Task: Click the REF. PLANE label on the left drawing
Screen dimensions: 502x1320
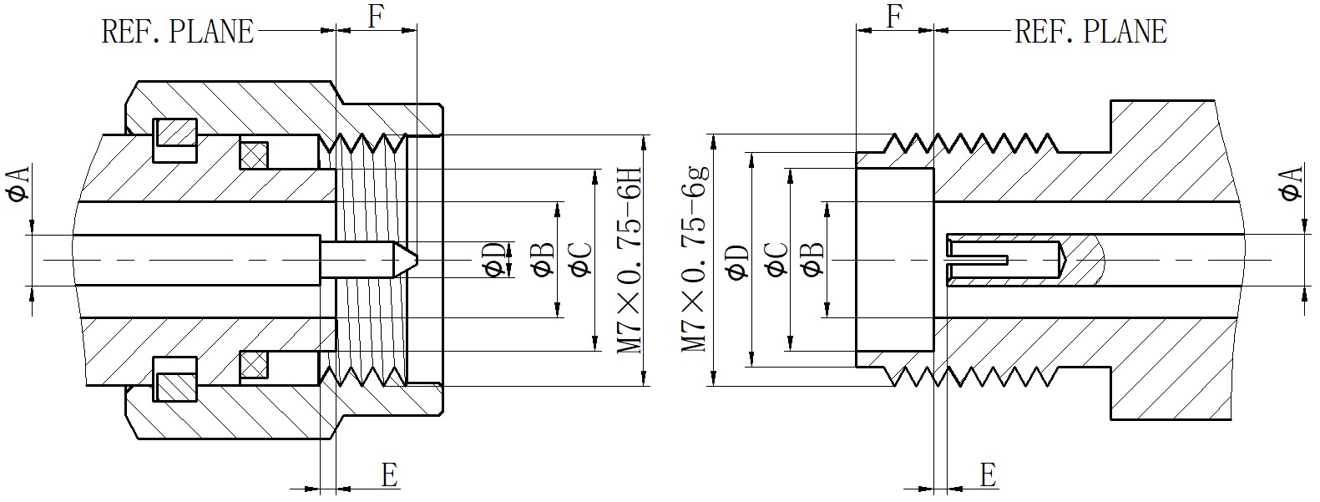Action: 177,32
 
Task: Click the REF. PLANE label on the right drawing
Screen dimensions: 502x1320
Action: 1090,32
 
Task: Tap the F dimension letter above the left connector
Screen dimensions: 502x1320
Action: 375,17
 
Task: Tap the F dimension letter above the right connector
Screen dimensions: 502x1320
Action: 895,17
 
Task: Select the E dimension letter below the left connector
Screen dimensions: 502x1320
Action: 389,475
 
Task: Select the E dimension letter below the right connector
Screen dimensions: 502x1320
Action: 988,475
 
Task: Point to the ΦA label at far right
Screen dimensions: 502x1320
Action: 1290,184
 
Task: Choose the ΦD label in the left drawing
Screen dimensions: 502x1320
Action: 495,260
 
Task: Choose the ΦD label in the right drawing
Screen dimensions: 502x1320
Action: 736,261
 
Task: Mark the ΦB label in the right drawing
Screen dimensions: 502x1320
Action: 812,260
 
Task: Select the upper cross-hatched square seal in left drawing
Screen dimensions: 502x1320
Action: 253,154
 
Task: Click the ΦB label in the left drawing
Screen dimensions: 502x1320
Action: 542,260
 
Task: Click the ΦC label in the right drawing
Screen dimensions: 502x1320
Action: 776,260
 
